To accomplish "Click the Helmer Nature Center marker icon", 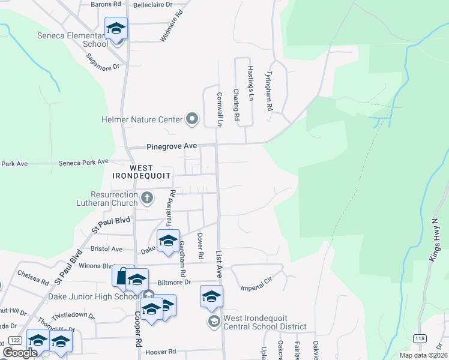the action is coord(192,119).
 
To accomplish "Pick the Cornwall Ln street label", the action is coord(220,109).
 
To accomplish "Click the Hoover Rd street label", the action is coord(163,352).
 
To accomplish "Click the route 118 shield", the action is coord(420,338).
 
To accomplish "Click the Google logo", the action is coord(20,353).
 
